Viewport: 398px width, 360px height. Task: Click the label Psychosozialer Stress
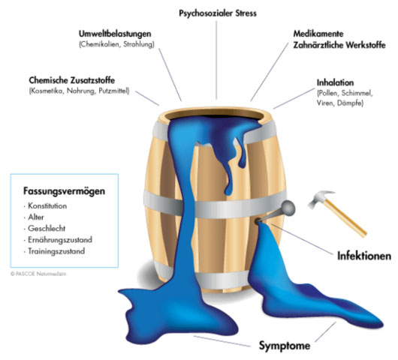[x=218, y=13]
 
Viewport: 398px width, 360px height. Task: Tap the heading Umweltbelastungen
[x=115, y=34]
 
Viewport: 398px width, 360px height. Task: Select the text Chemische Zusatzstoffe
[x=72, y=80]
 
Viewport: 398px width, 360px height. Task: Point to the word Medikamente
[x=318, y=34]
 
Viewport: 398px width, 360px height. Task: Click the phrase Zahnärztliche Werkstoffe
[x=339, y=45]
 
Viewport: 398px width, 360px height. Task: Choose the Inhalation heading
[x=335, y=82]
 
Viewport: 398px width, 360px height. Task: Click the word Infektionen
[x=364, y=256]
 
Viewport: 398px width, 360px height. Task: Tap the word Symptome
[x=285, y=346]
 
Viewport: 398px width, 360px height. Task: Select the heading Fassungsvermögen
[x=64, y=191]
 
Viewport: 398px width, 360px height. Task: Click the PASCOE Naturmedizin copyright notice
[x=38, y=274]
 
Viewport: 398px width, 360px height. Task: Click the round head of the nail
[x=288, y=208]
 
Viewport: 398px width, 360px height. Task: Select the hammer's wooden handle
[x=345, y=218]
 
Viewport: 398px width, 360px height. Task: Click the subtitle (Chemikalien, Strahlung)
[x=116, y=44]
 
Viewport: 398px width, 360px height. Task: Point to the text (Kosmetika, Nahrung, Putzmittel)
[x=79, y=91]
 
